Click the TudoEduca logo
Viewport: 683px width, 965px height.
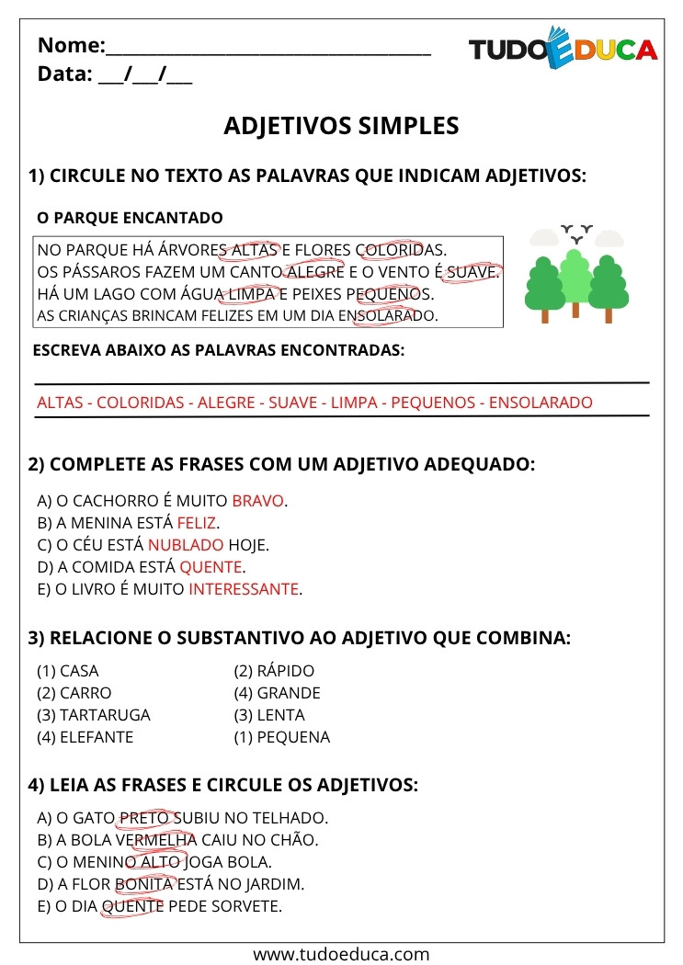pos(563,49)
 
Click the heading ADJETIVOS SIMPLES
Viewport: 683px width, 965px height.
pos(341,126)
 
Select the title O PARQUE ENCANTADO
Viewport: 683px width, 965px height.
pos(129,218)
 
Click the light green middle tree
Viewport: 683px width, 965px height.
pos(575,276)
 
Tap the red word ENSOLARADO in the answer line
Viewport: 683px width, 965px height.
pos(541,403)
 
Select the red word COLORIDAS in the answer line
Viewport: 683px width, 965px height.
pos(141,403)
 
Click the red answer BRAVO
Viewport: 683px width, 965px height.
pos(258,501)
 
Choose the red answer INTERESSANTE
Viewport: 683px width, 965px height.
pos(244,589)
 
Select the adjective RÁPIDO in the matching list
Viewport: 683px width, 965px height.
pos(286,671)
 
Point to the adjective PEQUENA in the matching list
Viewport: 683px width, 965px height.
pos(293,737)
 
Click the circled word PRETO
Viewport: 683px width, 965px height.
pos(145,818)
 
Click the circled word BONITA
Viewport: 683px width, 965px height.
pos(144,884)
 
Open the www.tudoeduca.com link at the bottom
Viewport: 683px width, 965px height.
pos(341,954)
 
